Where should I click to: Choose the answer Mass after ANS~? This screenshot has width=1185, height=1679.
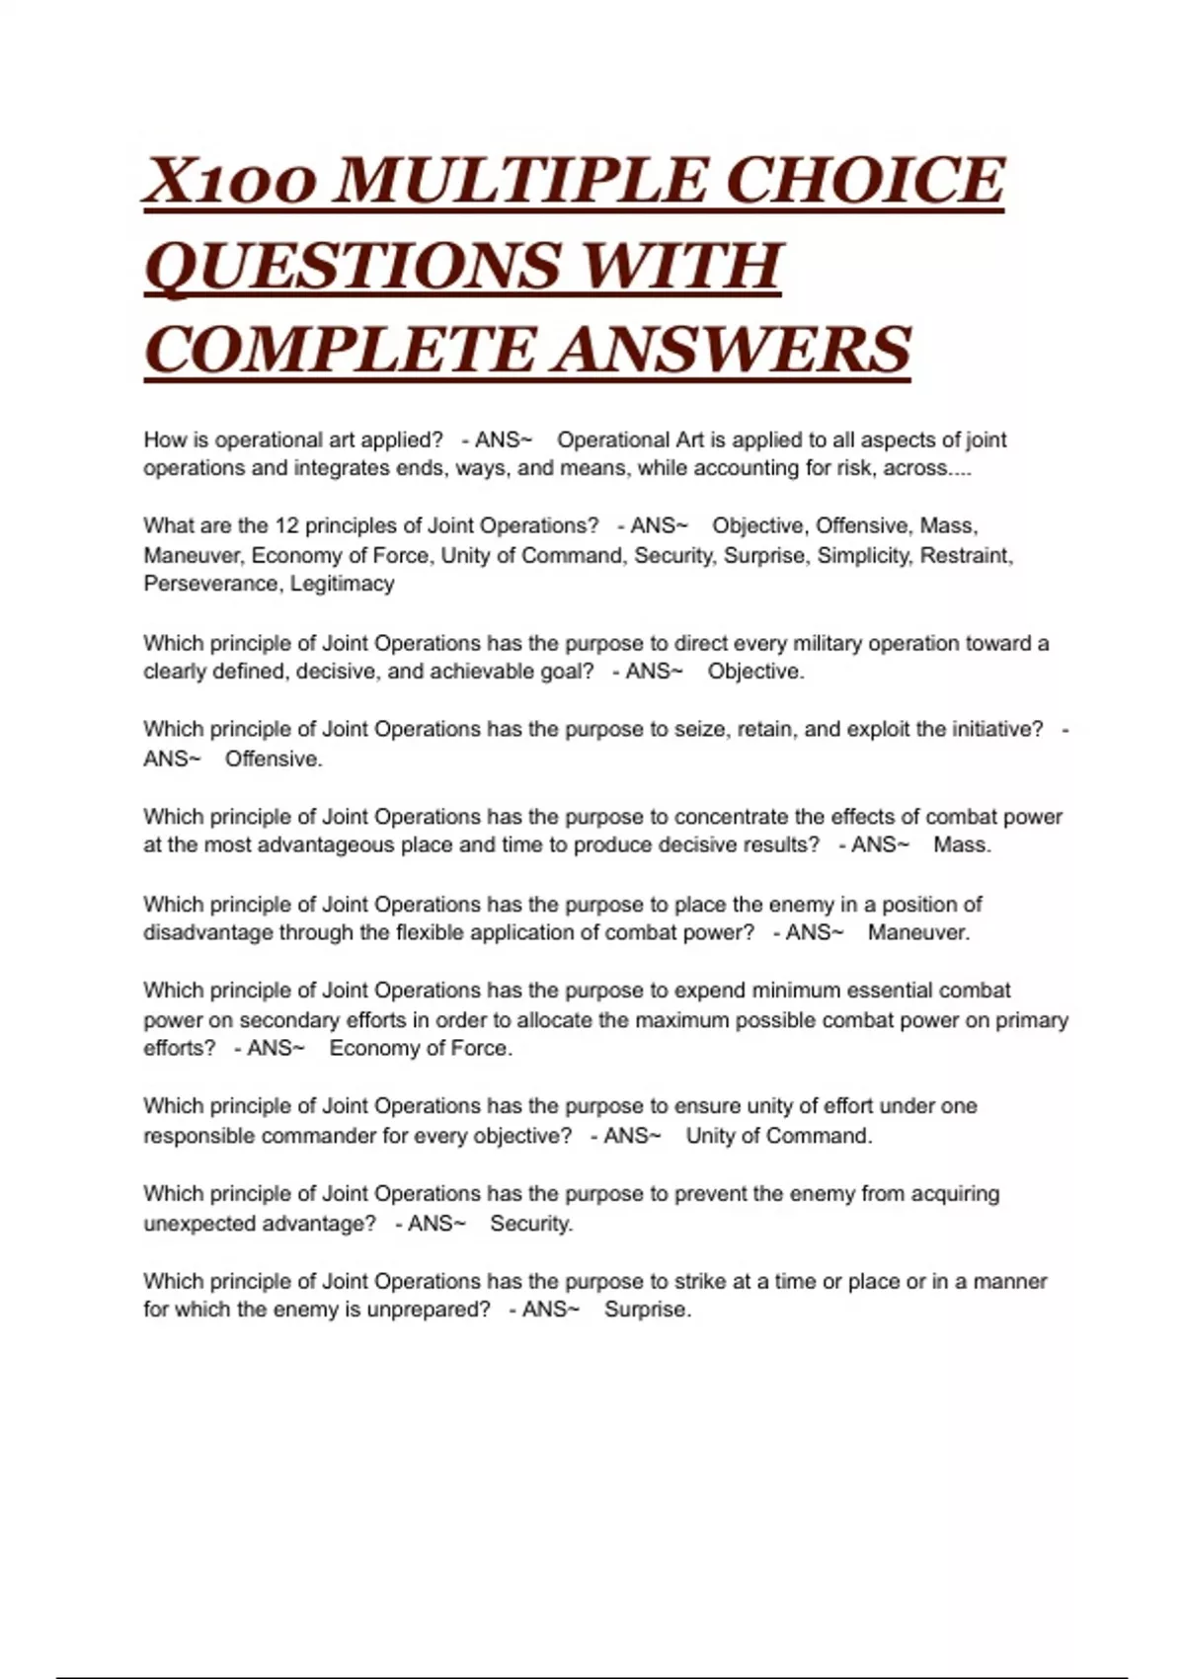pyautogui.click(x=962, y=845)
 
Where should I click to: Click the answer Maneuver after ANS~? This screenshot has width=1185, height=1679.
pyautogui.click(x=918, y=932)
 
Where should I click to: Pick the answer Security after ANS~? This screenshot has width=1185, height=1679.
pyautogui.click(x=531, y=1224)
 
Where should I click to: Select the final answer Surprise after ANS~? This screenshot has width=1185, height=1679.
pyautogui.click(x=647, y=1310)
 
